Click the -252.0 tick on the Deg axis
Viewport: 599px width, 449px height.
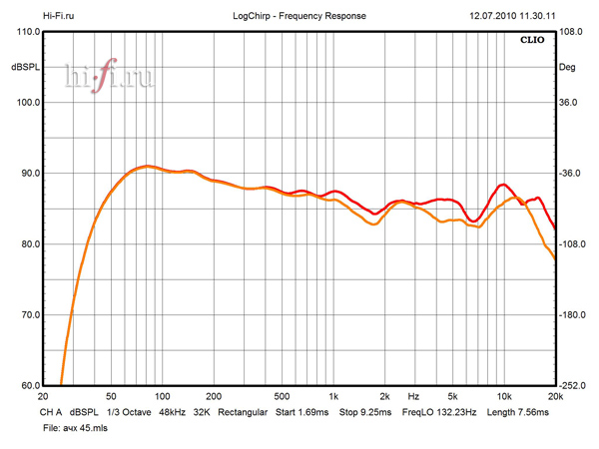(x=572, y=386)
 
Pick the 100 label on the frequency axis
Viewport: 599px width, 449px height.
(x=162, y=396)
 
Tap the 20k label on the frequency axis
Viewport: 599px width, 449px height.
(x=555, y=396)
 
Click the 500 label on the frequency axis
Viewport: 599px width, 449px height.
(x=282, y=396)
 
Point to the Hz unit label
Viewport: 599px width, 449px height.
(x=412, y=396)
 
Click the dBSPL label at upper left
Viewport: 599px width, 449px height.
(x=25, y=67)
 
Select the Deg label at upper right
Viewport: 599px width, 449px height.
(x=567, y=67)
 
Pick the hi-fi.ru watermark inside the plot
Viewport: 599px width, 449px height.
(x=109, y=79)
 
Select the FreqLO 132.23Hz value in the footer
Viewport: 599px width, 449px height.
(x=438, y=411)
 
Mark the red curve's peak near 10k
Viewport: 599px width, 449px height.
(x=503, y=185)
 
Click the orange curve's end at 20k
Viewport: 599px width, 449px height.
(x=555, y=259)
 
